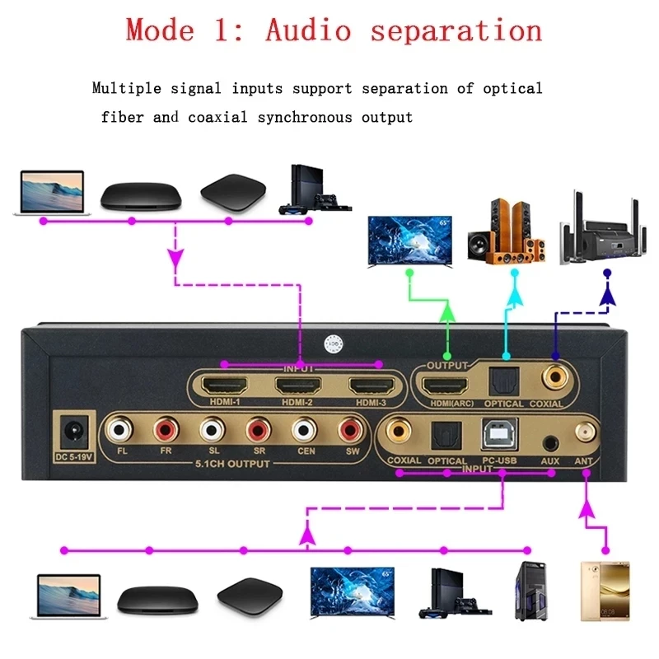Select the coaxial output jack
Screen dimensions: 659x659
pos(554,377)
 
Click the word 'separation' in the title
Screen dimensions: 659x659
pos(456,30)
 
